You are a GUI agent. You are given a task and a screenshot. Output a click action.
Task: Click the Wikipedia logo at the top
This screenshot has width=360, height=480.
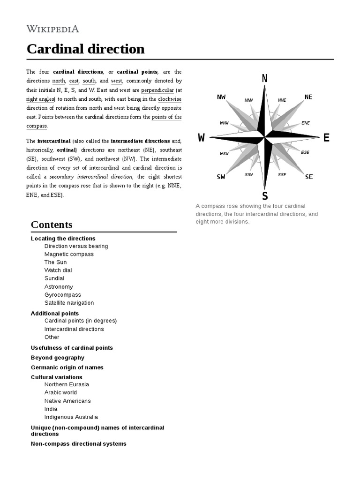(x=52, y=29)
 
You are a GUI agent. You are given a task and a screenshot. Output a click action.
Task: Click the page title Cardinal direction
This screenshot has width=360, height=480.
(x=85, y=49)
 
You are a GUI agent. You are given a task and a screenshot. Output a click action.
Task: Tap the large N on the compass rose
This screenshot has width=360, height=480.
(x=265, y=79)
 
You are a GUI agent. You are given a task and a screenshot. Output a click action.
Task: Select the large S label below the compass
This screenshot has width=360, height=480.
(x=265, y=195)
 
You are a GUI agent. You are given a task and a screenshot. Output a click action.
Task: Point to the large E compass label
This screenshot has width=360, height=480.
(x=326, y=138)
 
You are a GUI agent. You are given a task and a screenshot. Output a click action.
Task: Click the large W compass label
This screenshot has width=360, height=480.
(x=202, y=138)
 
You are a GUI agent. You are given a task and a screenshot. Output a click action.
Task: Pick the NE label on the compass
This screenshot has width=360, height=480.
(x=308, y=97)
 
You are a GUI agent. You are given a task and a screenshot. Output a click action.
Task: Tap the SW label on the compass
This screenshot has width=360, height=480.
(x=221, y=177)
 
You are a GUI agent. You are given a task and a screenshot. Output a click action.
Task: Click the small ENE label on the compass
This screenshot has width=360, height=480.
(x=306, y=123)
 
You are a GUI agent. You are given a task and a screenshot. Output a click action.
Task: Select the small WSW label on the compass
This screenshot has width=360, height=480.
(x=224, y=153)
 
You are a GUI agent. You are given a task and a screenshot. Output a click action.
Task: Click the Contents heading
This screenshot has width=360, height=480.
(x=52, y=225)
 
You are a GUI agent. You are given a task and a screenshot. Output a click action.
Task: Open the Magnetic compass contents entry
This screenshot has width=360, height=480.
(x=69, y=254)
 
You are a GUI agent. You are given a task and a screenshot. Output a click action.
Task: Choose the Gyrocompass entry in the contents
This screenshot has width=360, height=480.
(x=62, y=295)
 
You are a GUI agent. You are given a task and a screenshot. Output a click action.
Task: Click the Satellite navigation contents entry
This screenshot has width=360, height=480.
(x=69, y=303)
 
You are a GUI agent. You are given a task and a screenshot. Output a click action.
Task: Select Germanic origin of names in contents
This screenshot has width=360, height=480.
(x=67, y=367)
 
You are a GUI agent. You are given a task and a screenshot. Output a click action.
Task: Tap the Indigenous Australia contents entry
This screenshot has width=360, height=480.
(x=71, y=417)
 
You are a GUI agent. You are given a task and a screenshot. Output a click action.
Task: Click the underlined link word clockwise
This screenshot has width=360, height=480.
(x=170, y=99)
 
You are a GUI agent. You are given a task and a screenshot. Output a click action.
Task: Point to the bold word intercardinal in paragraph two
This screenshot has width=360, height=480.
(x=54, y=141)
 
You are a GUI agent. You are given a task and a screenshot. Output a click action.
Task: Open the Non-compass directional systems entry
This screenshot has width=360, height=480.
(x=78, y=443)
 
